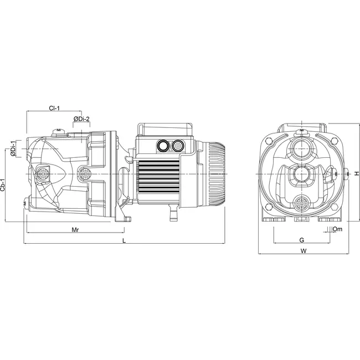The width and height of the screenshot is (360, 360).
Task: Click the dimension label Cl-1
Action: tap(54, 109)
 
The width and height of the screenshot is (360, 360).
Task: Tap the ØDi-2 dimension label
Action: tap(81, 119)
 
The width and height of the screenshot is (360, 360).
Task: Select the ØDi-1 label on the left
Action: tap(13, 150)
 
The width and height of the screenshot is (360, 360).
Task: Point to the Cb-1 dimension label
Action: tap(4, 184)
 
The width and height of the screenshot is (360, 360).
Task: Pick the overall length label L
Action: tap(124, 241)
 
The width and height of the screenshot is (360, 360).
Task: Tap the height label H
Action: tap(357, 173)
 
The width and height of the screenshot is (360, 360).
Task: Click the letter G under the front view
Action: tap(301, 240)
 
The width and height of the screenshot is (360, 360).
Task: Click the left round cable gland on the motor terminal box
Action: tap(164, 146)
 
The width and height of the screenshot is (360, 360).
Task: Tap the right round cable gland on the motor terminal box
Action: tap(178, 146)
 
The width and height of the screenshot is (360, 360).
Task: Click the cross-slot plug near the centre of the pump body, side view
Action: tap(85, 173)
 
